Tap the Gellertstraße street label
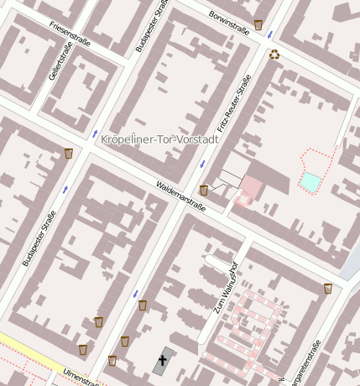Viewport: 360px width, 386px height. (x=58, y=66)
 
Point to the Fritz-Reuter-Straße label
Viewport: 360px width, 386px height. (x=234, y=102)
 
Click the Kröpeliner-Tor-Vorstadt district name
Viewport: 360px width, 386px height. (x=159, y=139)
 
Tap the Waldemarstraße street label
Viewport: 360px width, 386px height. (x=181, y=196)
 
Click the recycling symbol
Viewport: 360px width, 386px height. (x=274, y=55)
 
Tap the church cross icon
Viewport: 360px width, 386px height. (x=162, y=361)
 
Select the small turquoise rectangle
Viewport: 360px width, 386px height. (x=310, y=181)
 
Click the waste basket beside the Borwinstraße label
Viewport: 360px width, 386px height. (x=258, y=24)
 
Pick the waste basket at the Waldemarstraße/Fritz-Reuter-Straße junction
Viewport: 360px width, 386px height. (x=203, y=190)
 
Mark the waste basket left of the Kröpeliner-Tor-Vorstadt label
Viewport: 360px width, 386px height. (x=68, y=154)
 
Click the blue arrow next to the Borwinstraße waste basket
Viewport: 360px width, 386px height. (x=269, y=35)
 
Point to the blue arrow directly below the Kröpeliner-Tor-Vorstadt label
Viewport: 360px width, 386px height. (x=201, y=163)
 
